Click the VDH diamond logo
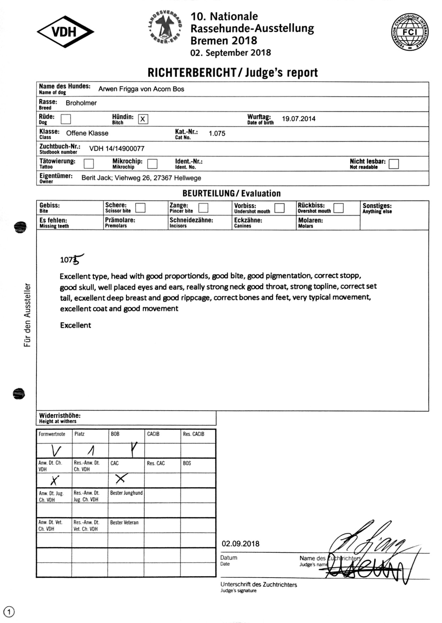pyautogui.click(x=65, y=32)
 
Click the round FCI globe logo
pyautogui.click(x=410, y=32)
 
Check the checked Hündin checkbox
pyautogui.click(x=143, y=119)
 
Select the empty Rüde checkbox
pyautogui.click(x=66, y=119)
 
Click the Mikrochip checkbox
pyautogui.click(x=152, y=164)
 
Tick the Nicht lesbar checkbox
pyautogui.click(x=393, y=164)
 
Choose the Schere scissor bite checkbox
pyautogui.click(x=141, y=208)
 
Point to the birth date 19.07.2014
pyautogui.click(x=299, y=119)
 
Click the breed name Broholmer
pyautogui.click(x=81, y=103)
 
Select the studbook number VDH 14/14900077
pyautogui.click(x=117, y=149)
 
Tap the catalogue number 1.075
pyautogui.click(x=217, y=134)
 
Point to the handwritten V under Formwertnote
pyautogui.click(x=56, y=451)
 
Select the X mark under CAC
pyautogui.click(x=120, y=479)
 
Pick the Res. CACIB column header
pyautogui.click(x=193, y=434)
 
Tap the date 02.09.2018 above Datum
pyautogui.click(x=240, y=544)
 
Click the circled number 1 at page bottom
pyautogui.click(x=9, y=612)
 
